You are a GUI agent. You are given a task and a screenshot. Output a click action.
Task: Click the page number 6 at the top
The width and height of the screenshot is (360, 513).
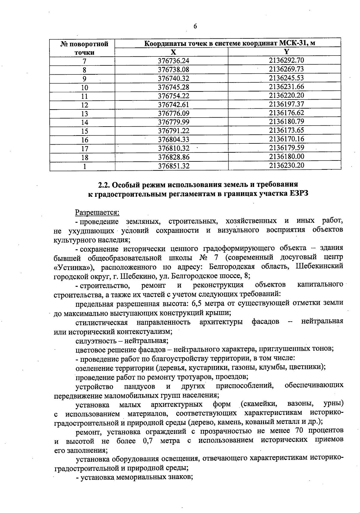(195, 26)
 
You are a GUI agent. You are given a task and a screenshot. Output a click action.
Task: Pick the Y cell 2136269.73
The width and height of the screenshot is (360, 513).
(286, 69)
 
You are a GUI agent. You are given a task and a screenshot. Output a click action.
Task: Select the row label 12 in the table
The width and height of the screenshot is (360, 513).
(85, 105)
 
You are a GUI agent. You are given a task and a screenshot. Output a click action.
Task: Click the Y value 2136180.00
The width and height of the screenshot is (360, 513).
(286, 157)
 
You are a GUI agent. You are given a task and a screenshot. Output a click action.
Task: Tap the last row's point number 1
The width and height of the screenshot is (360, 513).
(85, 166)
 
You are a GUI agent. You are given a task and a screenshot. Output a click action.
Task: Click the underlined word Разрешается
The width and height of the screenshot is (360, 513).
(97, 212)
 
